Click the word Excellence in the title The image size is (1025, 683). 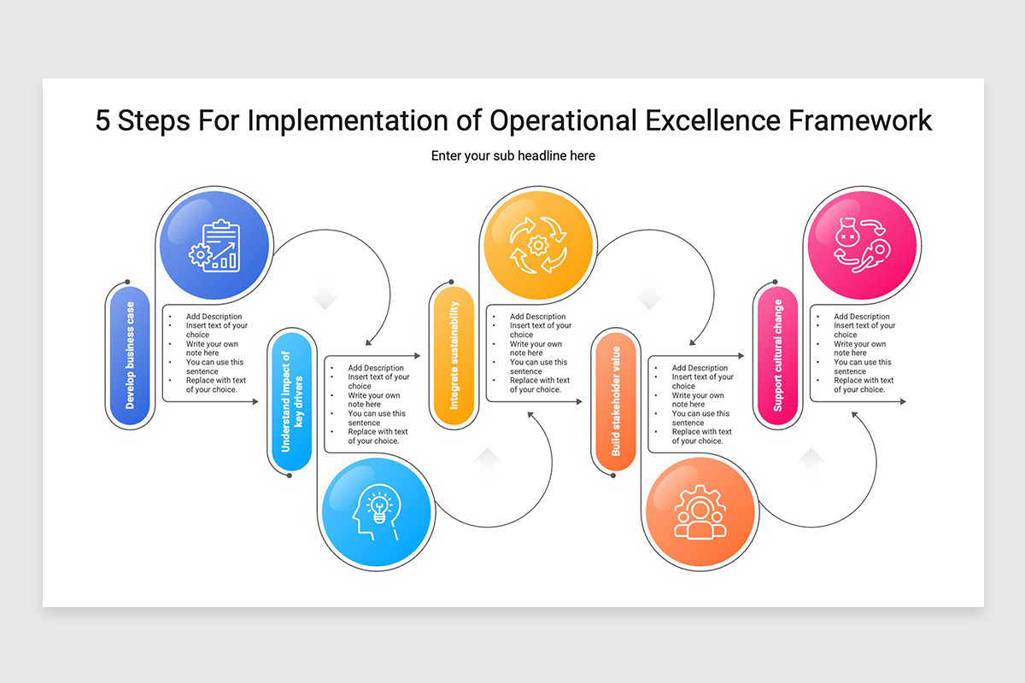click(712, 120)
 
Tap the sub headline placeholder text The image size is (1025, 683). click(513, 156)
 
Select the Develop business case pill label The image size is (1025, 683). click(130, 355)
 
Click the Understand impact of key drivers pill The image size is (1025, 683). click(291, 401)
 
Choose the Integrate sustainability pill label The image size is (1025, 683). click(454, 355)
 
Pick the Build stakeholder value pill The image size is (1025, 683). click(616, 401)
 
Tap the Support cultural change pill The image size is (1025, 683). click(777, 355)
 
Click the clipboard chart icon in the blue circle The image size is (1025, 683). click(214, 246)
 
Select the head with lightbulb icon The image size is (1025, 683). click(377, 512)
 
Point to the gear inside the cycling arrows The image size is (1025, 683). click(538, 246)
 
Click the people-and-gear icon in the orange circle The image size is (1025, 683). click(700, 512)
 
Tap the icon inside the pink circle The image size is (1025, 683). click(862, 246)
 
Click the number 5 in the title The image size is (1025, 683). click(102, 120)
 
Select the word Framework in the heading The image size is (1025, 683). click(860, 120)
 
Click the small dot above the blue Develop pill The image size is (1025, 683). click(127, 282)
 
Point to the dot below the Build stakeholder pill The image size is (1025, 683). click(613, 476)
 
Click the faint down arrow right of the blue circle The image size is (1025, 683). click(325, 295)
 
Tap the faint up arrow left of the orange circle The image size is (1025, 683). click(811, 463)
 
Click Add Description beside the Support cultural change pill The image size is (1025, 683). click(862, 317)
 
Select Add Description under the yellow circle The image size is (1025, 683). click(537, 317)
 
